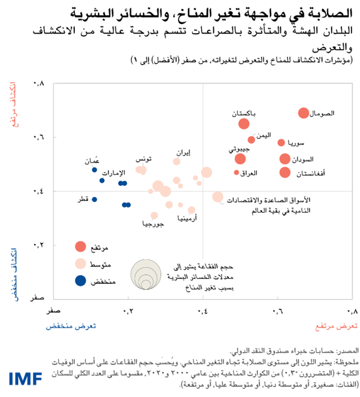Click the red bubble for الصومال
click(304, 113)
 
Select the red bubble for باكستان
click(244, 124)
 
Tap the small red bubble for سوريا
click(281, 142)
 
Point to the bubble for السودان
click(285, 159)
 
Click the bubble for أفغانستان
click(284, 173)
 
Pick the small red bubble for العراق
click(236, 173)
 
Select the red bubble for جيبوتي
click(240, 159)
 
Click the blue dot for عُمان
click(94, 170)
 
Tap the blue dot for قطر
click(94, 199)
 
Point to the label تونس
click(143, 159)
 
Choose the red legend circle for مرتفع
click(80, 246)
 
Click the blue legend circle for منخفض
click(80, 281)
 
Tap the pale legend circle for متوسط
click(80, 263)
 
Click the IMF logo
click(26, 378)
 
